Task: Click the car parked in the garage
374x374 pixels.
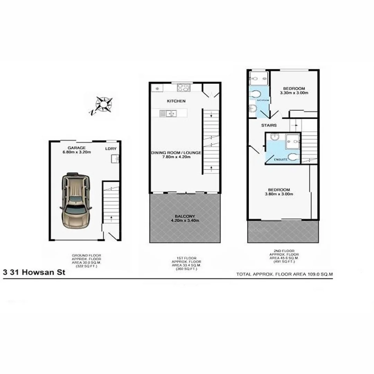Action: [x=75, y=201]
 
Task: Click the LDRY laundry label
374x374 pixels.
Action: [x=111, y=149]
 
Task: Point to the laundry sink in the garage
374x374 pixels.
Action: [x=115, y=159]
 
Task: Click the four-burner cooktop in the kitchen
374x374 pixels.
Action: [x=184, y=88]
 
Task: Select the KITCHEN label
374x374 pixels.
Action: [x=176, y=101]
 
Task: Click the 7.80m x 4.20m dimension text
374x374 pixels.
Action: [x=176, y=157]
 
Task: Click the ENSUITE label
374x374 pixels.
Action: [x=280, y=160]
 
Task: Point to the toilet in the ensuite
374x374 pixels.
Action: [x=293, y=157]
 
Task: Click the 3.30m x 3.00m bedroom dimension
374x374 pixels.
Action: [x=294, y=93]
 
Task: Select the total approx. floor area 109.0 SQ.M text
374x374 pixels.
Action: [x=284, y=274]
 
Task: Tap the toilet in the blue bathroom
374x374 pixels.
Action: [x=256, y=94]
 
